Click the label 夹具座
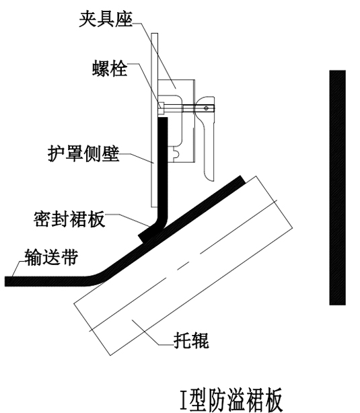106,19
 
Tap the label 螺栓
110,69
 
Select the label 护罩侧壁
83,153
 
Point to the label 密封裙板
69,219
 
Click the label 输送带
52,257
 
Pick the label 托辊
191,341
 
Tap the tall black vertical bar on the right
337,188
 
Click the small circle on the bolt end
207,108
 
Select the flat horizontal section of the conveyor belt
47,281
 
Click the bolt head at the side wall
161,108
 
